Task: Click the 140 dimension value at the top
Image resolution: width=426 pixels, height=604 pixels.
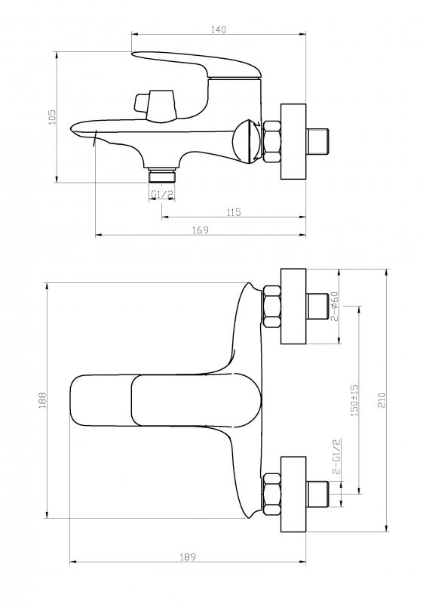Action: click(x=218, y=29)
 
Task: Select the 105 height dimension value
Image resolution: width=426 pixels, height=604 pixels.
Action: click(x=52, y=117)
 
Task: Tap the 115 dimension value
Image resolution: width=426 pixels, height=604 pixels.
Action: click(x=234, y=212)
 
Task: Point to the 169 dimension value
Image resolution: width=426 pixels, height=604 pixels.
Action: click(x=201, y=230)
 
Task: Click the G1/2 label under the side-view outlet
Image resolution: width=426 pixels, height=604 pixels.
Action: click(x=161, y=195)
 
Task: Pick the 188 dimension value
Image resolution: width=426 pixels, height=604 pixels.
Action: click(x=42, y=400)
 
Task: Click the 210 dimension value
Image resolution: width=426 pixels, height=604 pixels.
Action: click(x=381, y=401)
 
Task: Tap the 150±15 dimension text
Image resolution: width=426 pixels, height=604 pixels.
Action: click(x=354, y=400)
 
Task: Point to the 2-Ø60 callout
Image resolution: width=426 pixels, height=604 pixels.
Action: click(x=334, y=307)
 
